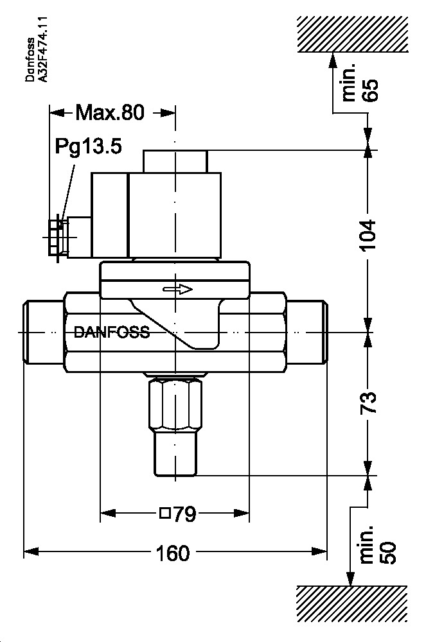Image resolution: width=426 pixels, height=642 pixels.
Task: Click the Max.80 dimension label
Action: [110, 113]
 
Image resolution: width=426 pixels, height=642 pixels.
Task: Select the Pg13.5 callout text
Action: [87, 147]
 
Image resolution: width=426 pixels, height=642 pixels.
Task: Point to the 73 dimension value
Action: [368, 403]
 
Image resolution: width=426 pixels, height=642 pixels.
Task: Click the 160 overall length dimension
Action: [173, 552]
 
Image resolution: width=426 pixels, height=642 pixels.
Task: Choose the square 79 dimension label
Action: [177, 514]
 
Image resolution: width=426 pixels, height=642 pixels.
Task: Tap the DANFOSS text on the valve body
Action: [112, 333]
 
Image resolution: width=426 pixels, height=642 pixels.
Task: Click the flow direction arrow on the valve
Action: [178, 290]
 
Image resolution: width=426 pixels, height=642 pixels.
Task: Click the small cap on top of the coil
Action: [175, 160]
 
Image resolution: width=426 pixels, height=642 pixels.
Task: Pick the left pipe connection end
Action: [43, 333]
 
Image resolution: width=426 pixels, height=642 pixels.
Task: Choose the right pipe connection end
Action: [306, 333]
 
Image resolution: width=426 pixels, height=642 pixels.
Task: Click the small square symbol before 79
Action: [164, 514]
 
